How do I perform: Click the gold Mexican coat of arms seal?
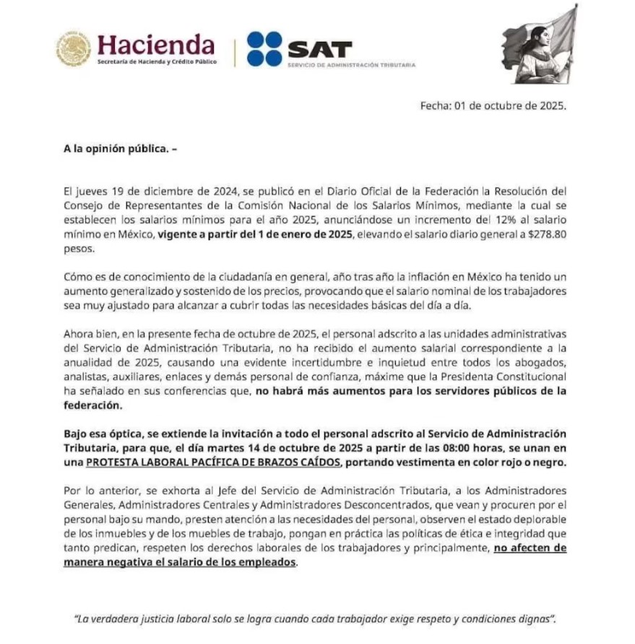pyautogui.click(x=74, y=48)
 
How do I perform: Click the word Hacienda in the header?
pyautogui.click(x=156, y=45)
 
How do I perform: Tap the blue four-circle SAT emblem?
pyautogui.click(x=264, y=48)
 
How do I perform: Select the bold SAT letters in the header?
pyautogui.click(x=319, y=49)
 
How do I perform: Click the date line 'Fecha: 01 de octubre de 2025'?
pyautogui.click(x=493, y=106)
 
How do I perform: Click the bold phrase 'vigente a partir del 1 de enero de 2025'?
pyautogui.click(x=256, y=236)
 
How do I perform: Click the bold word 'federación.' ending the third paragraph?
pyautogui.click(x=90, y=405)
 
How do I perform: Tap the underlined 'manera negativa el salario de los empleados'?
pyautogui.click(x=180, y=562)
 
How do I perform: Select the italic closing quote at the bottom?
pyautogui.click(x=315, y=619)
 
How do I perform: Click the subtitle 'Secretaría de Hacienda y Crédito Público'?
pyautogui.click(x=157, y=62)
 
